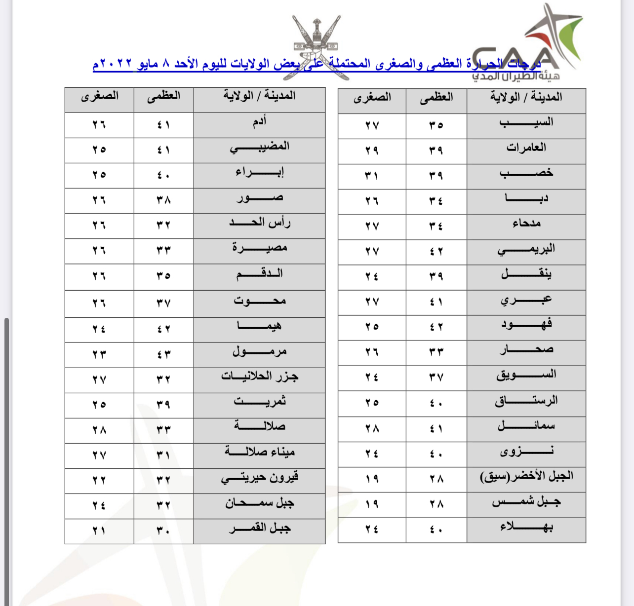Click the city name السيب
(526, 123)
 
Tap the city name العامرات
(526, 148)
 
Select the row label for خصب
(526, 173)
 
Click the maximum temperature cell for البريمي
(436, 251)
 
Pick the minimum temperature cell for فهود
(372, 327)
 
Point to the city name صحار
(526, 350)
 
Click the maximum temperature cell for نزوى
(436, 454)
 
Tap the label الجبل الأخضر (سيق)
(526, 477)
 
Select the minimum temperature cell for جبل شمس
(372, 504)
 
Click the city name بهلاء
(526, 527)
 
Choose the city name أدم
(260, 121)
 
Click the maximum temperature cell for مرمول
(163, 354)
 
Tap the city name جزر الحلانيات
(260, 377)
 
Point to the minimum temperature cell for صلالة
(99, 430)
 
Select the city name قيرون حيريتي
(260, 478)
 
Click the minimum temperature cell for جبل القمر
(99, 531)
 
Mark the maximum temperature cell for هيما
(163, 329)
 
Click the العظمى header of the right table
(436, 98)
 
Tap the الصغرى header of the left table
(99, 96)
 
